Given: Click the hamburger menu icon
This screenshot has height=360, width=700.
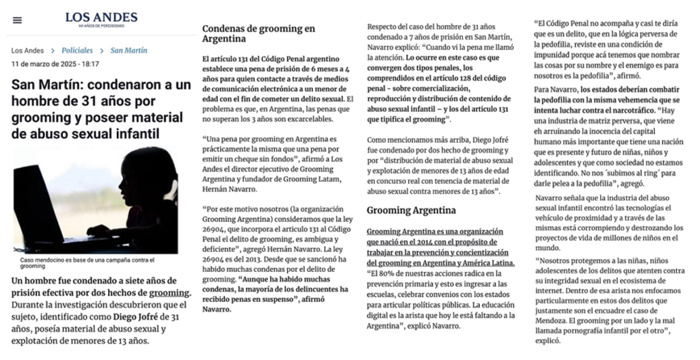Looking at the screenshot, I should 17,20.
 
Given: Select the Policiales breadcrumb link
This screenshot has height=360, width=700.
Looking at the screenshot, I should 77,51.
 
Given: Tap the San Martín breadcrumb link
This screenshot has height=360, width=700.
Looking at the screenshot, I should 129,51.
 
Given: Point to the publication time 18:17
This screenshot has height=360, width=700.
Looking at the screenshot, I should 86,64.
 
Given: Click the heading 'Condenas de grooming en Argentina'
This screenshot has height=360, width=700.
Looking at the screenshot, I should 258,34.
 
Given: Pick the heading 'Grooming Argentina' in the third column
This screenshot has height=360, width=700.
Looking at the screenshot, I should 411,210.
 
